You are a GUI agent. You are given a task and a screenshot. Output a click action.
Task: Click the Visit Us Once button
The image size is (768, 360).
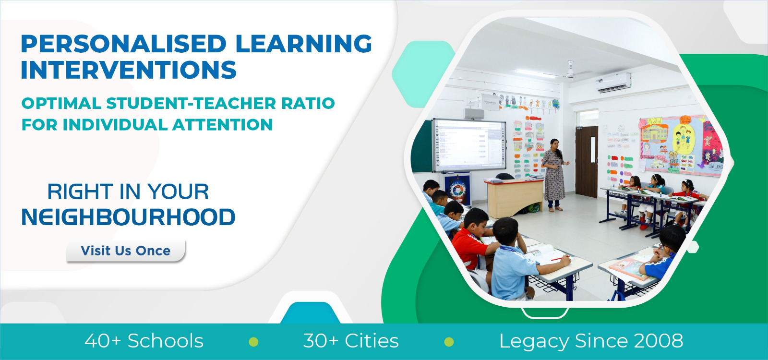[x=126, y=252]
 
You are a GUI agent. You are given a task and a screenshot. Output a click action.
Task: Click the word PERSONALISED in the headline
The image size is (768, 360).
[x=123, y=44]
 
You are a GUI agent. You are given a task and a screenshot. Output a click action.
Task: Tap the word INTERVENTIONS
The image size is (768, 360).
[x=129, y=70]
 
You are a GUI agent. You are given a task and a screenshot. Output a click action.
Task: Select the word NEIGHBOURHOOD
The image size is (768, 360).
[x=128, y=217]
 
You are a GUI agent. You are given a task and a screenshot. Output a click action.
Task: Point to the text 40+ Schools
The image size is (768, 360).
[x=144, y=341]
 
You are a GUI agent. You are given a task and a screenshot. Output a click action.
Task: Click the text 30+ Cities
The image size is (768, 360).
[x=351, y=341]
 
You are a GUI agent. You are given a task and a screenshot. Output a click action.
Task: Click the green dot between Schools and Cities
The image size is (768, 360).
[x=253, y=342]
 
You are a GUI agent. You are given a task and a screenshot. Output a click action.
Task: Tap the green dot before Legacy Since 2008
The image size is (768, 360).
[x=449, y=342]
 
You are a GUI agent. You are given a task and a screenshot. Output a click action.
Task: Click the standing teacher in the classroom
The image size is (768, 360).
[x=554, y=175]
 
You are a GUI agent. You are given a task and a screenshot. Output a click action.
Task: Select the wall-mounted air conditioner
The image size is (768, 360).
[x=614, y=83]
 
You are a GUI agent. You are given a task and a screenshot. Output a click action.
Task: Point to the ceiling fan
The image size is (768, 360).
[x=571, y=70]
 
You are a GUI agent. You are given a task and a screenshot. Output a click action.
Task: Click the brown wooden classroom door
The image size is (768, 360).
[x=587, y=161]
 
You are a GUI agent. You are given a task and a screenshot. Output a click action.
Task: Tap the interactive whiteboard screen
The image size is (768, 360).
[x=469, y=145]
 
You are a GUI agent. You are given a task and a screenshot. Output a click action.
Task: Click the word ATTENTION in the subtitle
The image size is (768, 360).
[x=223, y=124]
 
